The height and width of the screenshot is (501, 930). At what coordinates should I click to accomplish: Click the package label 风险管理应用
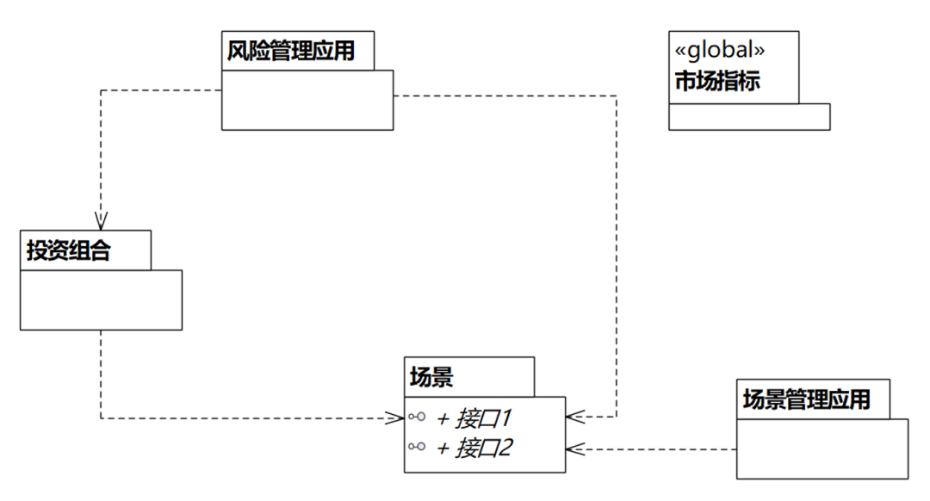coord(291,51)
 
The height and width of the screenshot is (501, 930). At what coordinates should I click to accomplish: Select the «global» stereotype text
coord(717,50)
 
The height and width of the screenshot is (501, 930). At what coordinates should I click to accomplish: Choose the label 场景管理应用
coord(806,399)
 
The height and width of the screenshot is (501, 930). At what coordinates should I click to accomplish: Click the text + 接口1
coord(474,418)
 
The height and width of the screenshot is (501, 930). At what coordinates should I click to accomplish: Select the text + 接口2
coord(474,448)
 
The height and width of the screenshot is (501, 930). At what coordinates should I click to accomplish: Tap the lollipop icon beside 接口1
coord(417,417)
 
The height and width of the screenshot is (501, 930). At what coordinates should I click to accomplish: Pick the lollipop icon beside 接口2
coord(417,447)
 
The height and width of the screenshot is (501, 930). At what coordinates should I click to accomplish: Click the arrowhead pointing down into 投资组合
coord(102,221)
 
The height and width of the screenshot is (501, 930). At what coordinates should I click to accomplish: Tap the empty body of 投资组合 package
coord(101,300)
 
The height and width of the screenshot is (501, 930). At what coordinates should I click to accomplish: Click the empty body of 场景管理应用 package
coord(821,448)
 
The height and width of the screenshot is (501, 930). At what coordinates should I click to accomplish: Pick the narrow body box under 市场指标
coord(749,117)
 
